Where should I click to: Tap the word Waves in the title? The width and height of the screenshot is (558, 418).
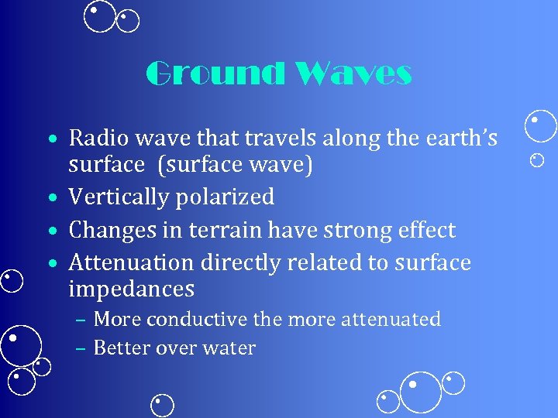point(353,74)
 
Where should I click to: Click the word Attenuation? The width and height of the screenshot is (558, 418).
point(133,263)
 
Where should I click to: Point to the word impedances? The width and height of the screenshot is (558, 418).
point(131,290)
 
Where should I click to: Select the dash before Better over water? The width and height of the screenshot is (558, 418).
point(81,348)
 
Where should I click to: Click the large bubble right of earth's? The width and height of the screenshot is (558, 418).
point(540,127)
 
